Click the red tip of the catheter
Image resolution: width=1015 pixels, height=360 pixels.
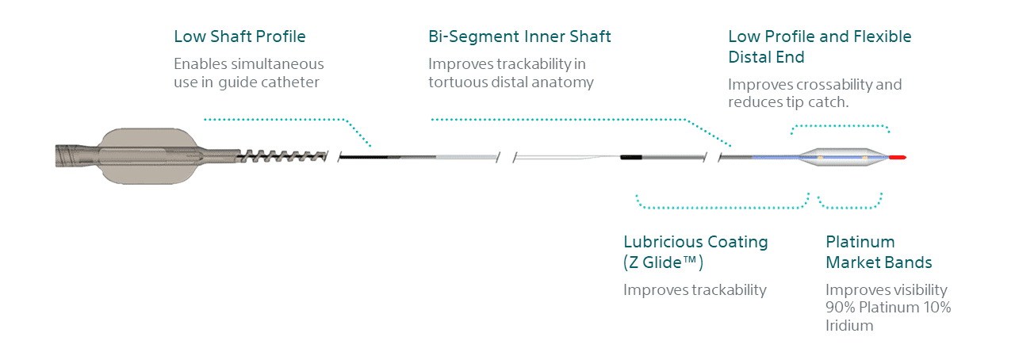click(x=897, y=157)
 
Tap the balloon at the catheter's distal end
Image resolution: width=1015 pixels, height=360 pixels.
click(x=843, y=157)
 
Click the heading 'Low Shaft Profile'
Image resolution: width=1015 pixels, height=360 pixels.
click(x=239, y=36)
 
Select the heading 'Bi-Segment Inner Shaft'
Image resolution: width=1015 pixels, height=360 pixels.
click(x=519, y=36)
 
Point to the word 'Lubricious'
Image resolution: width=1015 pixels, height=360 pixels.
click(x=663, y=242)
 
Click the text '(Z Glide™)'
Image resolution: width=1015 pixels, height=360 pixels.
click(x=663, y=262)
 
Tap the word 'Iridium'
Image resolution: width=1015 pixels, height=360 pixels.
click(x=849, y=326)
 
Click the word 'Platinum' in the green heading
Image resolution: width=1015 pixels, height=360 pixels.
click(x=860, y=242)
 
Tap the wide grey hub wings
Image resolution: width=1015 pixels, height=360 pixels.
click(x=147, y=155)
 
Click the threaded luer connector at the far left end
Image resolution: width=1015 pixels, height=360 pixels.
click(x=75, y=155)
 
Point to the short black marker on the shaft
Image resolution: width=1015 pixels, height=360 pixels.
click(x=630, y=157)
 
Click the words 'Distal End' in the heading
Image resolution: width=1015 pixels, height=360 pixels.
click(x=766, y=57)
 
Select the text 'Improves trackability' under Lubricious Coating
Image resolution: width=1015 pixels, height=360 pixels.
click(x=695, y=290)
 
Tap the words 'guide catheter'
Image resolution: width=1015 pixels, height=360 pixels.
click(x=269, y=82)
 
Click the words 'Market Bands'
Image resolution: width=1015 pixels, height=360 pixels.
click(x=879, y=262)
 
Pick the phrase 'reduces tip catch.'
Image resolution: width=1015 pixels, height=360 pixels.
click(x=788, y=102)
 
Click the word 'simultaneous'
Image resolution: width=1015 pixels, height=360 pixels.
click(x=277, y=64)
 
